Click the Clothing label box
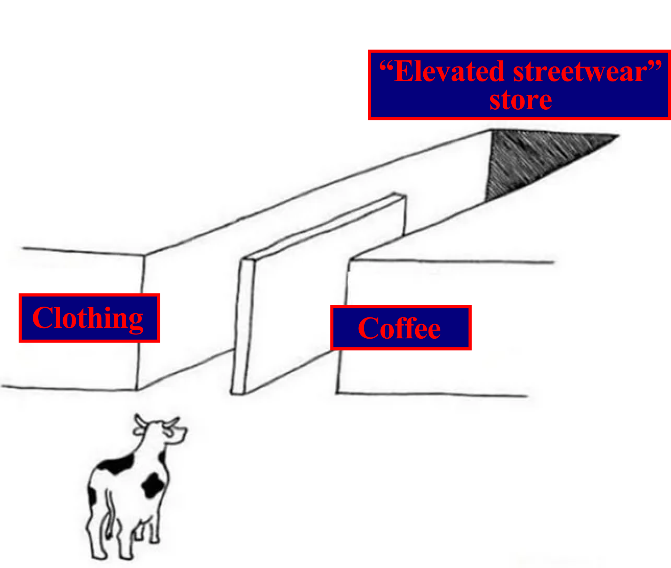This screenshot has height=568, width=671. (x=89, y=318)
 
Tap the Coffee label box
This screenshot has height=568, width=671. (x=401, y=328)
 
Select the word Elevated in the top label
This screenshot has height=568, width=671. (x=449, y=72)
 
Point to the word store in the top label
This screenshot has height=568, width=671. (x=520, y=100)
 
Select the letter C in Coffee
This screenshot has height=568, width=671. (x=368, y=328)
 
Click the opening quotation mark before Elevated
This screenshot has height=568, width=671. (x=386, y=66)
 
